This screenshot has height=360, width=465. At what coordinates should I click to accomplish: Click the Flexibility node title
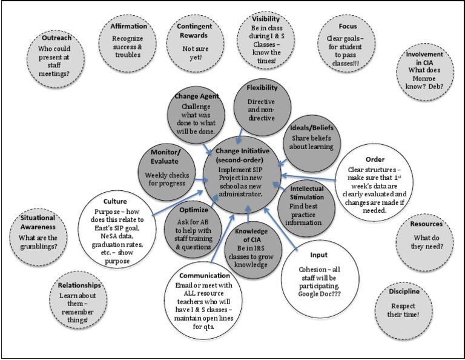(262, 88)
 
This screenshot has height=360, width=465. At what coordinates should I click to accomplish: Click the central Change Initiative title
(248, 155)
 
